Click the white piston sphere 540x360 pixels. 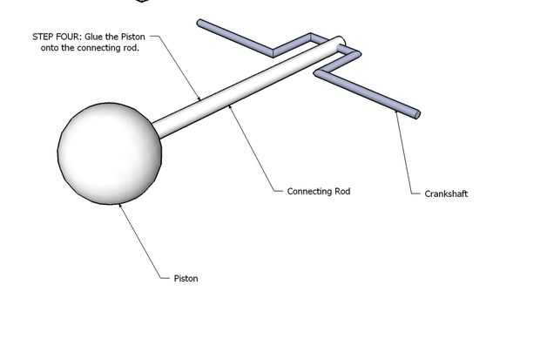click(x=110, y=153)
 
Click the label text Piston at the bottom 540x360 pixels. click(x=186, y=279)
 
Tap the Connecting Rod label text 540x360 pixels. click(x=318, y=191)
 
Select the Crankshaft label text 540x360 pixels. click(x=446, y=194)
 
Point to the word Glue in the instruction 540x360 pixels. click(x=96, y=37)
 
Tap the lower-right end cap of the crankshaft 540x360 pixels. click(x=416, y=113)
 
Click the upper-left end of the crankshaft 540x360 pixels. click(x=201, y=23)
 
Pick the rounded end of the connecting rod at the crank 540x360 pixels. click(x=341, y=41)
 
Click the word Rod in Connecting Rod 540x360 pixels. click(x=341, y=191)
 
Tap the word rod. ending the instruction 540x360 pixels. click(x=131, y=49)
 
